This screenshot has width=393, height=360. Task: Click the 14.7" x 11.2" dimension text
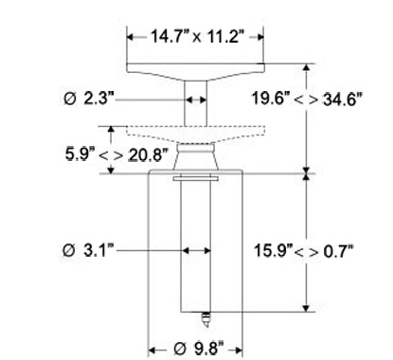click(198, 36)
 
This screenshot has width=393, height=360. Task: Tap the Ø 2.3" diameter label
click(88, 99)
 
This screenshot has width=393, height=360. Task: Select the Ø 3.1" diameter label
click(88, 250)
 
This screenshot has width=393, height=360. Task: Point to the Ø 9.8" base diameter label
click(199, 349)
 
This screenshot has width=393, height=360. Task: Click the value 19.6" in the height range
click(271, 98)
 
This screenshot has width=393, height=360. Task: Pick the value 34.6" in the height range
click(342, 99)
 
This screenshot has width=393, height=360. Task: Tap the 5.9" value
click(80, 154)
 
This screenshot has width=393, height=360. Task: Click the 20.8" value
click(148, 155)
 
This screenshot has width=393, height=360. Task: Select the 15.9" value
click(274, 251)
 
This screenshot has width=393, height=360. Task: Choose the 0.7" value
click(338, 252)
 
